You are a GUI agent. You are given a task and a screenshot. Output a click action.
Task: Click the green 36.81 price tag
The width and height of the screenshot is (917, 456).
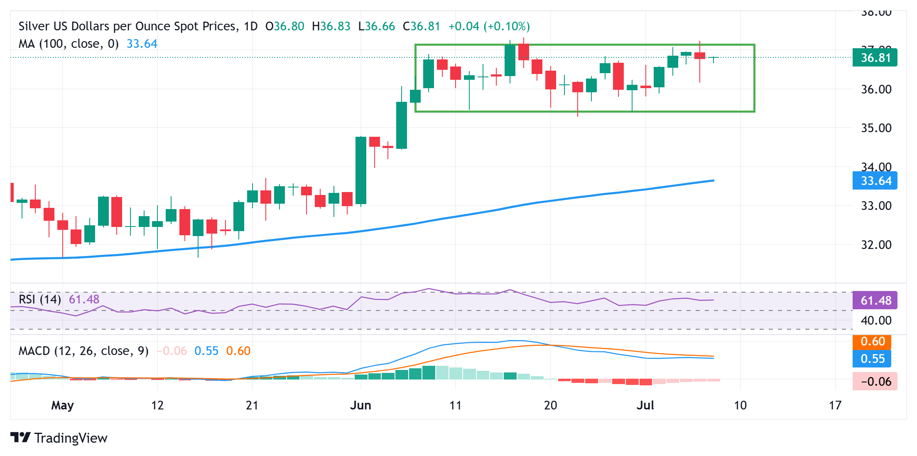click(875, 57)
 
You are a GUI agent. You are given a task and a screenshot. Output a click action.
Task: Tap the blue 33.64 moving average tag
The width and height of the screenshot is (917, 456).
click(875, 181)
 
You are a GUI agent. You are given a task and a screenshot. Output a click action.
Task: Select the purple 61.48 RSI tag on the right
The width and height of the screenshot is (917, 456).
click(875, 300)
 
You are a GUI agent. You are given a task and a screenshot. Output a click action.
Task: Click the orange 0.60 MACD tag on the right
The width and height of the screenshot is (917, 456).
click(872, 342)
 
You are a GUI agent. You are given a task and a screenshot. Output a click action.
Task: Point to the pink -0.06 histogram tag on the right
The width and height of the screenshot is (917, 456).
click(875, 381)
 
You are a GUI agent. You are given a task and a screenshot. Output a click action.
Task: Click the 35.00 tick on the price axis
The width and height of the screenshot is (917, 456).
click(876, 128)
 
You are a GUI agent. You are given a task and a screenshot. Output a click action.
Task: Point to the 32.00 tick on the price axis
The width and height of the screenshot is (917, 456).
click(876, 245)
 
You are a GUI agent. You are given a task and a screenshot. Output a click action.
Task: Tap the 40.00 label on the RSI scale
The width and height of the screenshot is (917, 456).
click(876, 320)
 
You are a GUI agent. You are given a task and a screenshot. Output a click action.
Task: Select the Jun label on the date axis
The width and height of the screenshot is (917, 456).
click(360, 405)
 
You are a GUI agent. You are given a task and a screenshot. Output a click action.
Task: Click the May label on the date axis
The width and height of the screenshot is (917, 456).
click(62, 405)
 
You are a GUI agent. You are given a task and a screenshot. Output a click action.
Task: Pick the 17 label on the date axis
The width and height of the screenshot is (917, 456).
click(835, 405)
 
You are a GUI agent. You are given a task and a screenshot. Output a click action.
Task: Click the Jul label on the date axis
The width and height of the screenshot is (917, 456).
click(645, 405)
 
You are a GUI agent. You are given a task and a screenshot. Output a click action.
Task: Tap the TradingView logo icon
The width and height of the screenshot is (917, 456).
click(20, 438)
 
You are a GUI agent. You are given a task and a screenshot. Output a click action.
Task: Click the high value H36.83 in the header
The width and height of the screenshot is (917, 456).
click(331, 26)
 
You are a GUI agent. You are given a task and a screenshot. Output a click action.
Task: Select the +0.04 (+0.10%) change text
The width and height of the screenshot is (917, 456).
click(489, 26)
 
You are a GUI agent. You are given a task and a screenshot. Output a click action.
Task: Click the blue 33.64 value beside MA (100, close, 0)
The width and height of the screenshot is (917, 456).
click(142, 44)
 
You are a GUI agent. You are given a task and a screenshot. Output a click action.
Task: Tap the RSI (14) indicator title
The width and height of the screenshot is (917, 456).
click(40, 299)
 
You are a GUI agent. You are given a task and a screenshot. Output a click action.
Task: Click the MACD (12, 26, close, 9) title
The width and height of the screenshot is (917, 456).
click(83, 351)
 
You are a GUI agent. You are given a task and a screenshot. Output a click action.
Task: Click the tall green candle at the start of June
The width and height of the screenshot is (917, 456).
click(361, 170)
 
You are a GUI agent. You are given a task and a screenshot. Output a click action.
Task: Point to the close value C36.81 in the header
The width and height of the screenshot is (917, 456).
click(421, 26)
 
